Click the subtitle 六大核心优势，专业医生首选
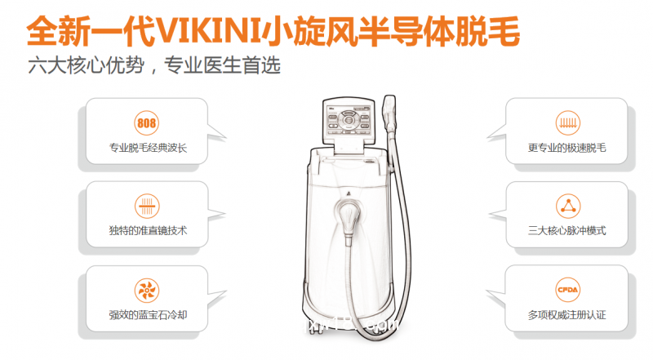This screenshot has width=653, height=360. tap(153, 65)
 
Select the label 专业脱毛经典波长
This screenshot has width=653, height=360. tap(148, 149)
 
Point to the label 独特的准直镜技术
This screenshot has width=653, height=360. tap(148, 231)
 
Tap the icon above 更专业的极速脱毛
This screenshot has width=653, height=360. tap(566, 124)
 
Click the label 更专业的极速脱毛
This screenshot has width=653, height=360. tap(566, 149)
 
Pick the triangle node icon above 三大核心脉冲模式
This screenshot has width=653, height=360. tap(566, 206)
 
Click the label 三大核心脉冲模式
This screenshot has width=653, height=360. tap(566, 231)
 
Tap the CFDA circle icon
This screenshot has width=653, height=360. tap(566, 289)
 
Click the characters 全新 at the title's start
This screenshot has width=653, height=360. tap(55, 31)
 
